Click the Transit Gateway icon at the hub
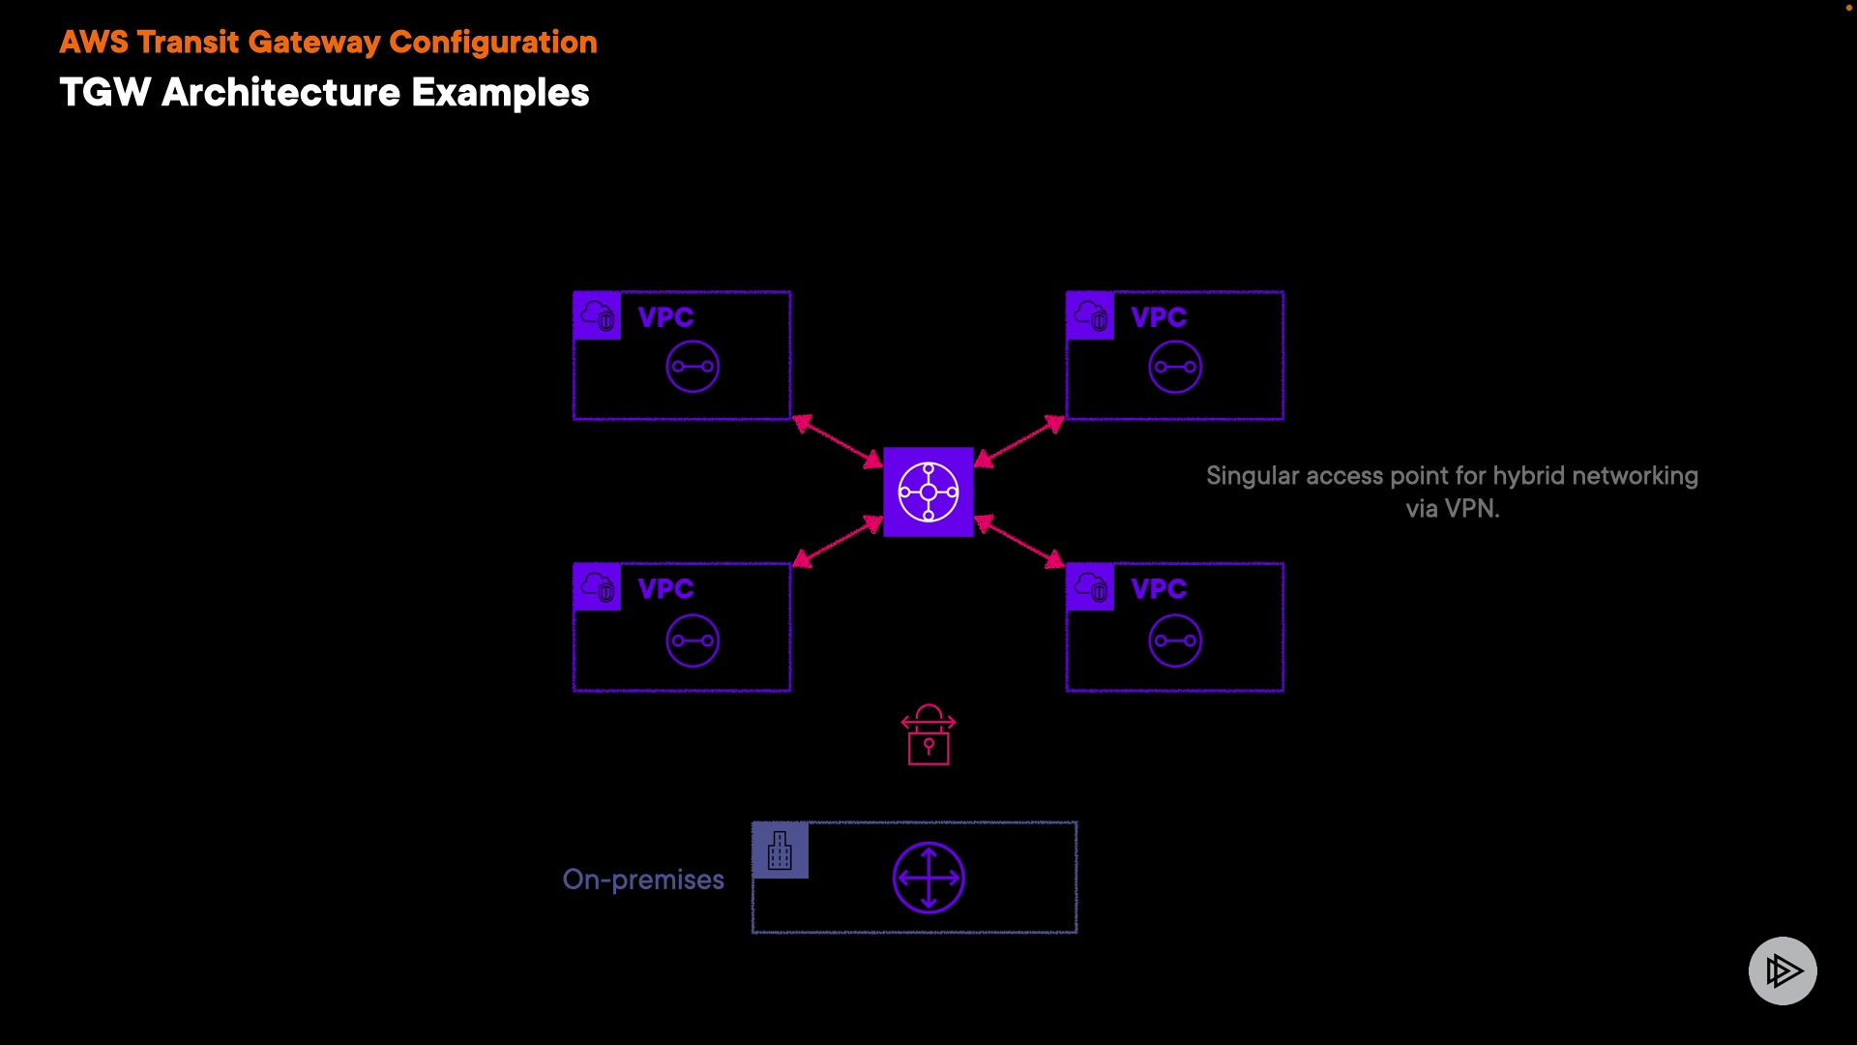(928, 492)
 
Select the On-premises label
(643, 880)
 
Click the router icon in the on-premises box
(928, 878)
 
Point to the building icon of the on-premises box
(780, 851)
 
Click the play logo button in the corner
(1783, 970)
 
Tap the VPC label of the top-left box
(665, 317)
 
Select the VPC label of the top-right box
(1159, 317)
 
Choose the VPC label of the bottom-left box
(665, 589)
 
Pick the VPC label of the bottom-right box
(1159, 589)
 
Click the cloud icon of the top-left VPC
(598, 315)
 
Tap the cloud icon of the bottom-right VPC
(1091, 587)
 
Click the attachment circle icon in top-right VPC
(1175, 367)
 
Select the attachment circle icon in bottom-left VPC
(693, 641)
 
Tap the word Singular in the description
(1252, 476)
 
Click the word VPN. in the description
(1472, 509)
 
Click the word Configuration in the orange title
(493, 43)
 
